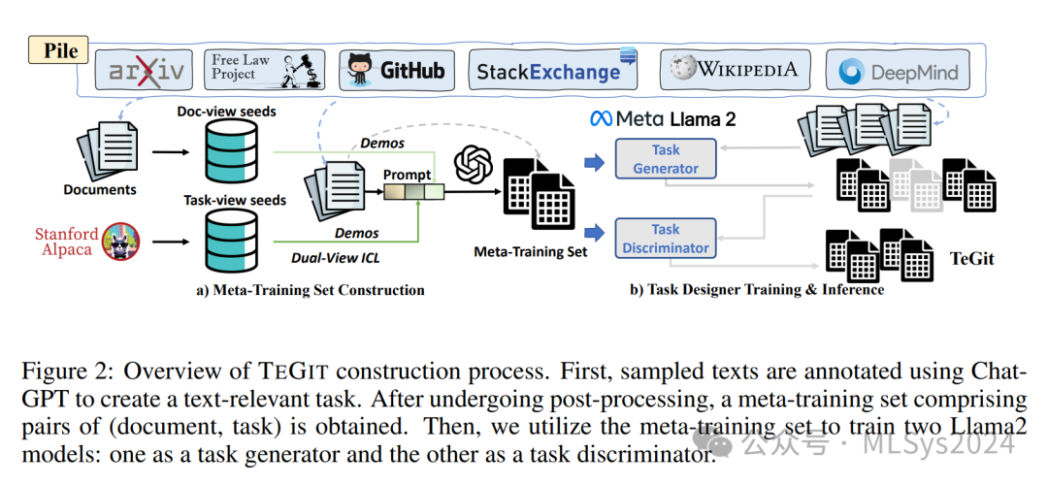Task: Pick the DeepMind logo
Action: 898,72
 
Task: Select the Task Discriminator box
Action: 666,238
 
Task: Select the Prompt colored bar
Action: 412,191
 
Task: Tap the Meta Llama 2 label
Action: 663,119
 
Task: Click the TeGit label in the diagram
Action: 972,259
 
